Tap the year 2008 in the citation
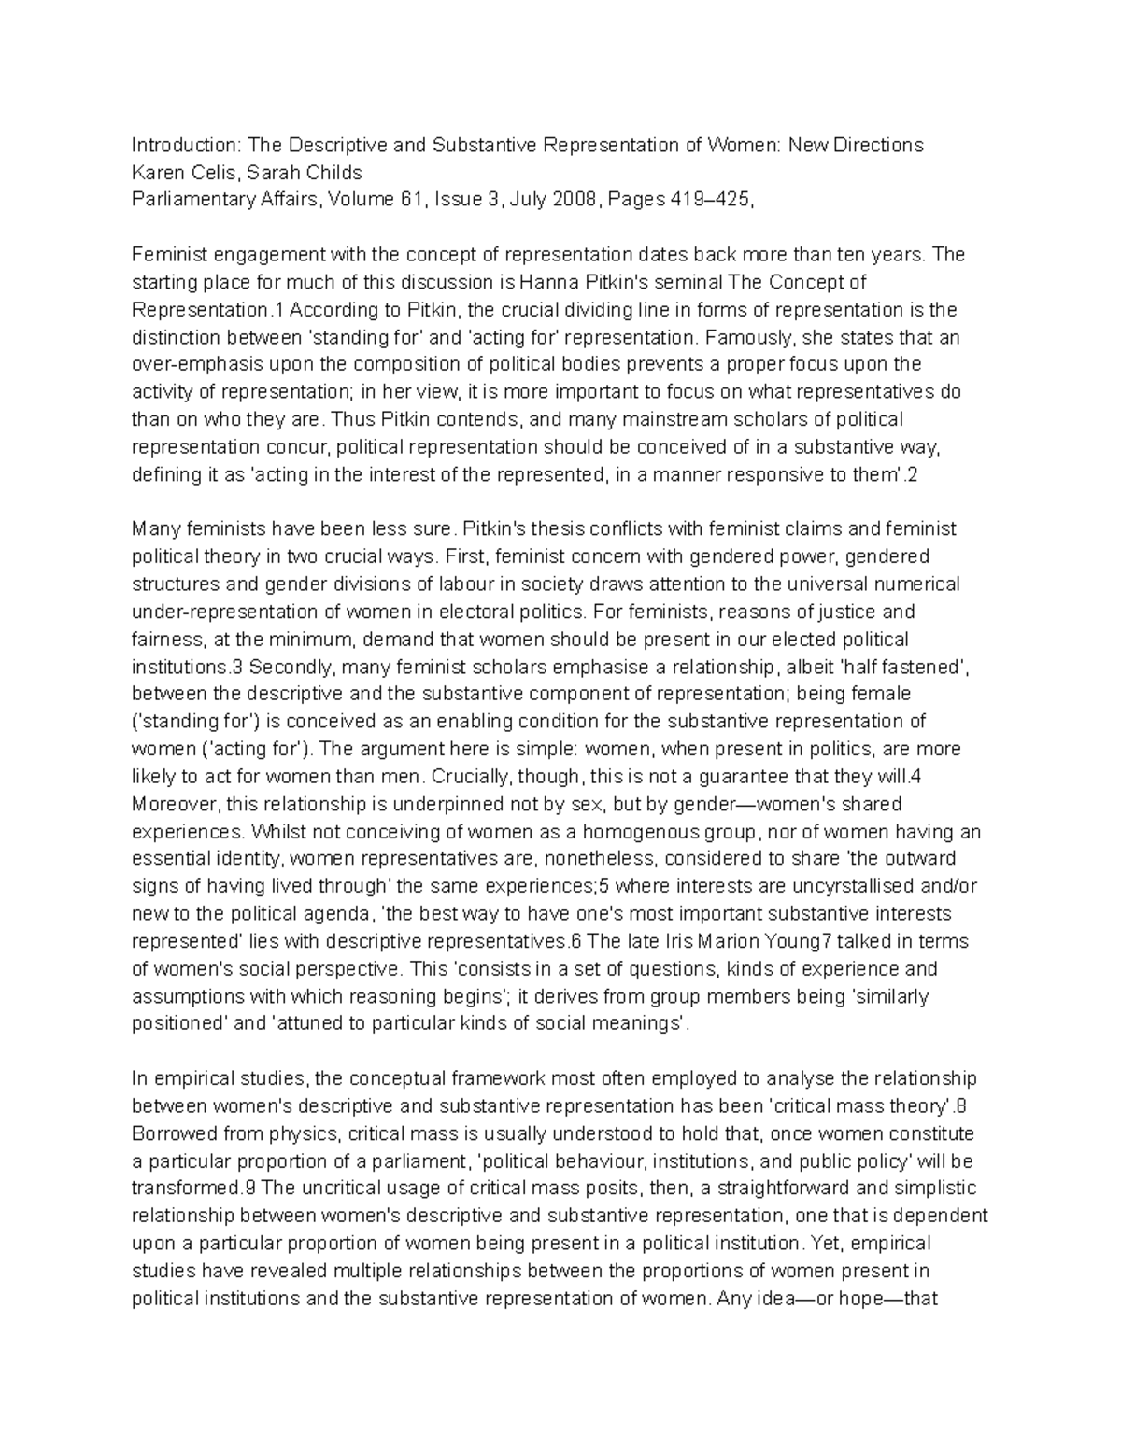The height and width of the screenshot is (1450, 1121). tap(575, 200)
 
